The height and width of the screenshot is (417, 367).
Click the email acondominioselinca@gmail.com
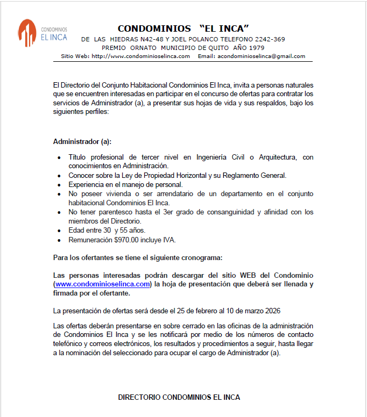pyautogui.click(x=261, y=56)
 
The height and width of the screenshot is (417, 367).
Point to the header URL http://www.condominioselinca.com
pyautogui.click(x=140, y=56)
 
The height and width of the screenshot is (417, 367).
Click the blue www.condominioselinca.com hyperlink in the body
pyautogui.click(x=102, y=284)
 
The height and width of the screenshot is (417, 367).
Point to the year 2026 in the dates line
pyautogui.click(x=272, y=311)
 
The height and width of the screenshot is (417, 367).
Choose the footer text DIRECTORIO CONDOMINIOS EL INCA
pyautogui.click(x=179, y=397)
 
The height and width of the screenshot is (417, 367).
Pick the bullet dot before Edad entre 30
pyautogui.click(x=59, y=231)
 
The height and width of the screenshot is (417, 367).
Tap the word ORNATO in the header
pyautogui.click(x=144, y=47)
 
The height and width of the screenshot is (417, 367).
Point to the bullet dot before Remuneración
pyautogui.click(x=59, y=240)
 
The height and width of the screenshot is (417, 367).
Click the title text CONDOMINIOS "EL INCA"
pyautogui.click(x=183, y=28)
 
